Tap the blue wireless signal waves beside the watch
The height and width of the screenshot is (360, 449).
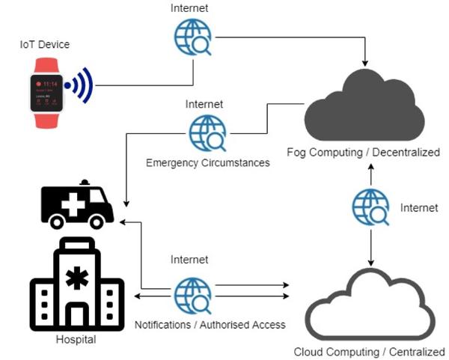click(x=79, y=85)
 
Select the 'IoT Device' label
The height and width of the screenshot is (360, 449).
click(x=45, y=45)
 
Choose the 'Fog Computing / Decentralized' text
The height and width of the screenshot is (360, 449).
click(x=364, y=153)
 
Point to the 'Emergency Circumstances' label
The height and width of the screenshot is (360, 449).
click(x=208, y=162)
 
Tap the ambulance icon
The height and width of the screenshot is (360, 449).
click(x=76, y=204)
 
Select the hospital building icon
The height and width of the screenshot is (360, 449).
click(x=76, y=284)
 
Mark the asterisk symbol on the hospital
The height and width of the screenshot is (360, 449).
click(x=76, y=275)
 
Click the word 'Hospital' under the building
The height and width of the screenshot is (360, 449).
click(x=76, y=340)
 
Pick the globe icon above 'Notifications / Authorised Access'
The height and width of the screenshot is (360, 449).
click(x=192, y=295)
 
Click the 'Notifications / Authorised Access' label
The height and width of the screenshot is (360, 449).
click(x=210, y=325)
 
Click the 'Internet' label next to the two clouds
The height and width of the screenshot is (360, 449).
click(x=419, y=207)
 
